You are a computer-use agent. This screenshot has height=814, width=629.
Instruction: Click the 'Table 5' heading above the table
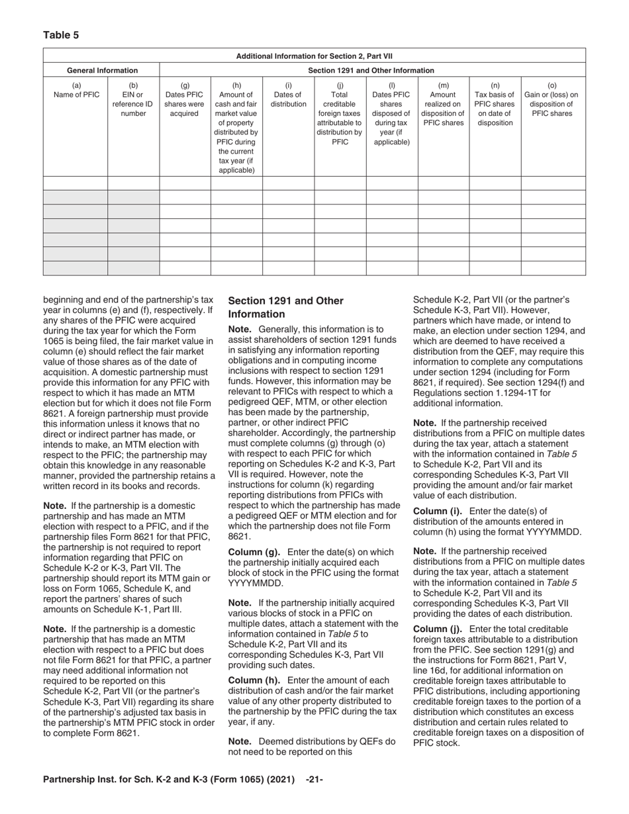[61, 35]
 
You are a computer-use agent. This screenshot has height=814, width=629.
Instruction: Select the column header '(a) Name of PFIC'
[75, 90]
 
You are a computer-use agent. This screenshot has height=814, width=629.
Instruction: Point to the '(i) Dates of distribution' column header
[288, 95]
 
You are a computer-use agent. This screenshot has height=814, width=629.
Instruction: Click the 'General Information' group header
[102, 70]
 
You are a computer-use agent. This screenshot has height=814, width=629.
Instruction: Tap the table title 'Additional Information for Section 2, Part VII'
[314, 56]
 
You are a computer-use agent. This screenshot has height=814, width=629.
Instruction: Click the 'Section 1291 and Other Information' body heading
[285, 307]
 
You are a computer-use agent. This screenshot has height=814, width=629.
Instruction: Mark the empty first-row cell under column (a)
[75, 183]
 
